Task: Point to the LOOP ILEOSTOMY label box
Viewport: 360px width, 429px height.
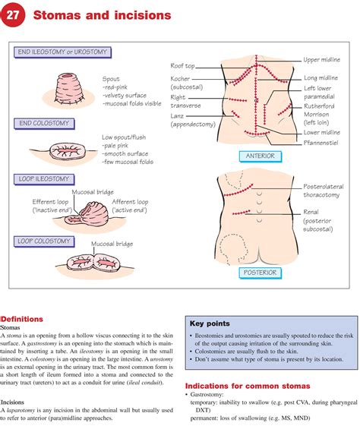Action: coord(44,179)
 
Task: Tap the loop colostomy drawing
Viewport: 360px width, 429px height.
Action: coord(91,263)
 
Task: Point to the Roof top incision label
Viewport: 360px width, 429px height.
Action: coord(186,66)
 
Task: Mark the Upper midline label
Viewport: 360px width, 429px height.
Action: coord(323,59)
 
